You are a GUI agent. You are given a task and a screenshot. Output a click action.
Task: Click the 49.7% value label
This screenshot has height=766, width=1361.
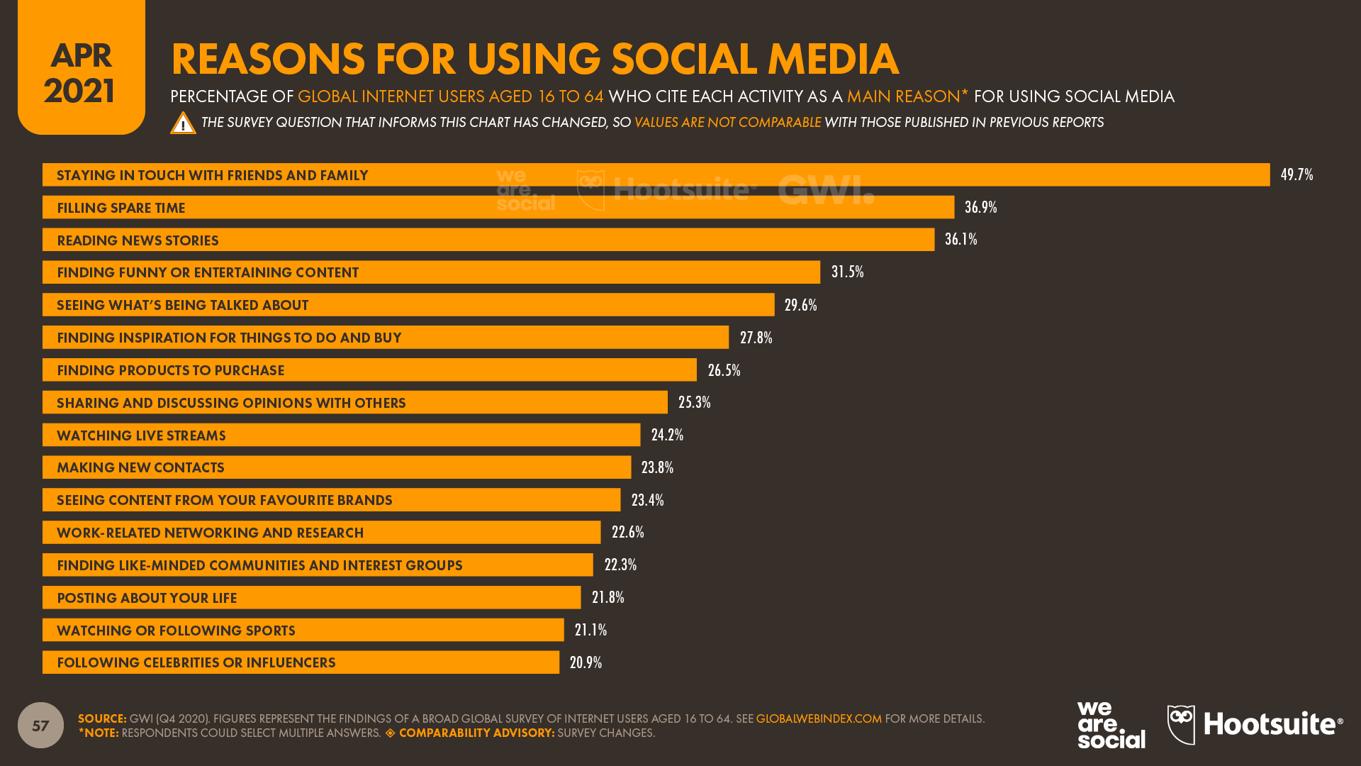coord(1296,174)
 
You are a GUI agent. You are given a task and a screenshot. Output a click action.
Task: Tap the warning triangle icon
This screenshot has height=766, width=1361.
coord(183,123)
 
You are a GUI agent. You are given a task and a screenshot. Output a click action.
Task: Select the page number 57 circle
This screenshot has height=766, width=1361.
coord(40,725)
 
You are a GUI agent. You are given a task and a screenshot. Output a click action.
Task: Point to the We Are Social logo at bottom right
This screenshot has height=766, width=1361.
coord(1111,725)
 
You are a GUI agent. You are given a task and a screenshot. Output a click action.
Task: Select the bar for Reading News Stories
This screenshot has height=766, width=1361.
coord(488,240)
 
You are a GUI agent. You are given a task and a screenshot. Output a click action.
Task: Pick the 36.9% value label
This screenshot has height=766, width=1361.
coord(980,207)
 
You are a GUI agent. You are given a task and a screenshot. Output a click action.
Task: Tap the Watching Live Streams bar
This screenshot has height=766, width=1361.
coord(341,435)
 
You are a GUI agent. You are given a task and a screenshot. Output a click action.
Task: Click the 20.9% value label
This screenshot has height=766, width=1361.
coord(586,662)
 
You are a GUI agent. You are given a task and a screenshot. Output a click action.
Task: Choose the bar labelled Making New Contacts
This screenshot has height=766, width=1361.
coord(336,467)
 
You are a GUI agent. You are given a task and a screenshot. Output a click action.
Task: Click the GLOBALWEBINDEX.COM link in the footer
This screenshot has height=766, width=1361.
coord(819,718)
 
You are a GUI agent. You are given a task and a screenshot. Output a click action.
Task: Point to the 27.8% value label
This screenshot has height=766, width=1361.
coord(756,338)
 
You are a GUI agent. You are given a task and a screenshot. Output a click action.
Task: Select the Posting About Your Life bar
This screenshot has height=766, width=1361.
coord(311,597)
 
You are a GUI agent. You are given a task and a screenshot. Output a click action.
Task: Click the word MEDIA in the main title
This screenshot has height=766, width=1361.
coord(833,59)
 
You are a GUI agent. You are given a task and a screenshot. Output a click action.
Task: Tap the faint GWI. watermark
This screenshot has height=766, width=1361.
coord(826,189)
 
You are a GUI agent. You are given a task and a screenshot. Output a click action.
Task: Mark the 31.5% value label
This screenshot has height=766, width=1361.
coord(847,272)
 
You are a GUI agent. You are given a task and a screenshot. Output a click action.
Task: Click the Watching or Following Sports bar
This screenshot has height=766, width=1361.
coord(303,630)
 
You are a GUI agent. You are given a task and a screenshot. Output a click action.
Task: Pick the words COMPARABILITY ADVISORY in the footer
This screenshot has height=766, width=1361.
coord(476,733)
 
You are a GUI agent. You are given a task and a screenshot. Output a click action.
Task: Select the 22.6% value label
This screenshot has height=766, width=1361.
coord(627,532)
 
